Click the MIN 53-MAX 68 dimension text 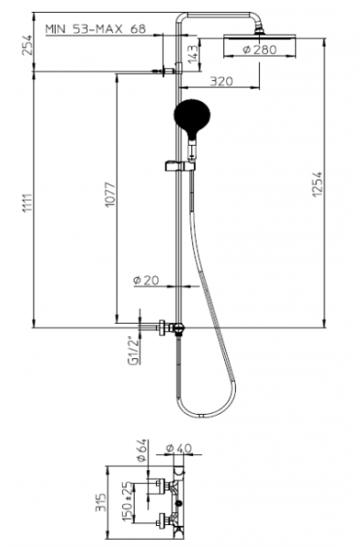pos(96,29)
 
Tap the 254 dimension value pos(26,45)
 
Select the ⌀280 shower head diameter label pos(260,49)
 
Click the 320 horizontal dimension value pos(221,81)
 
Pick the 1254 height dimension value pos(317,184)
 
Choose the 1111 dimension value pos(27,202)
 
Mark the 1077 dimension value pos(110,194)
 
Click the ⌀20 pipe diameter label pos(146,280)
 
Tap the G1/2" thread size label pos(133,351)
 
